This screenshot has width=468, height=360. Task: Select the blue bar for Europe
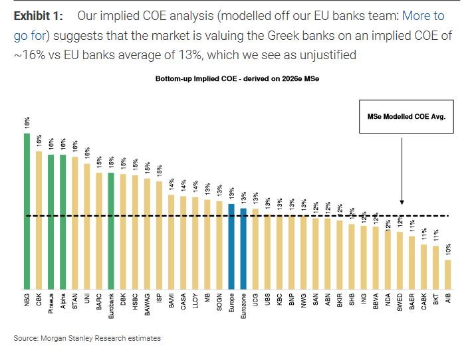[231, 246]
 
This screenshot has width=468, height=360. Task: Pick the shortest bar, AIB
[447, 274]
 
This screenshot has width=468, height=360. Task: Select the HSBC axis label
[136, 303]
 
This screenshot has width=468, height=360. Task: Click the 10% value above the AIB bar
[447, 250]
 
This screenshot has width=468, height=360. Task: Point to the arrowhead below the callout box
[402, 202]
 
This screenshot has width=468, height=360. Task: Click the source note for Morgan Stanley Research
[87, 338]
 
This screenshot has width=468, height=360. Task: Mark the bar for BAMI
[171, 242]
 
